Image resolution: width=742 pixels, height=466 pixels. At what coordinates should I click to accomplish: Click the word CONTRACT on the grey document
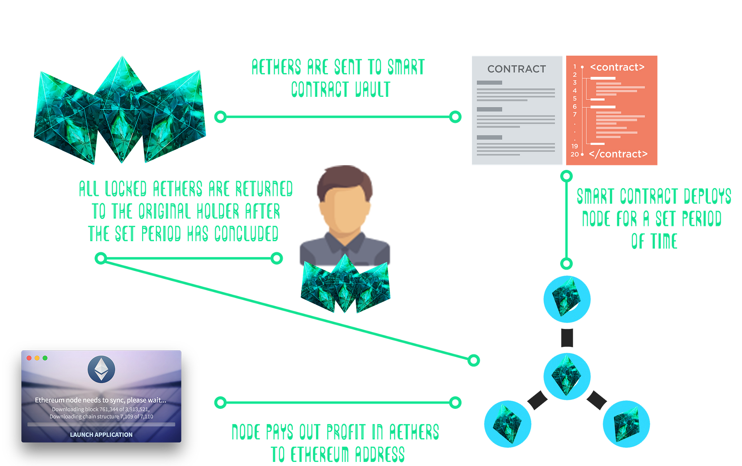pyautogui.click(x=516, y=69)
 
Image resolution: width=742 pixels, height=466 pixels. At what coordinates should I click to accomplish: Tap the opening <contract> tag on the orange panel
pyautogui.click(x=617, y=67)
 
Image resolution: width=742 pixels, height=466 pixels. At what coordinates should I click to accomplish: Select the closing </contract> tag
pyautogui.click(x=618, y=154)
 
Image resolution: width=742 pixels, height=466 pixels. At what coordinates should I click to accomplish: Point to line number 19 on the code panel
pyautogui.click(x=575, y=146)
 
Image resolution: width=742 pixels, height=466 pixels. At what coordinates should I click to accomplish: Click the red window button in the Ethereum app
pyautogui.click(x=29, y=358)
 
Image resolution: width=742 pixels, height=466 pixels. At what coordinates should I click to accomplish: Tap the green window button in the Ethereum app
pyautogui.click(x=45, y=358)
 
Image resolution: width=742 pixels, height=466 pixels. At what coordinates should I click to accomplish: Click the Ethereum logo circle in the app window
pyautogui.click(x=101, y=369)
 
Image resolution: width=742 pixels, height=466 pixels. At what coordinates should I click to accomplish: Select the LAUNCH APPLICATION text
pyautogui.click(x=101, y=434)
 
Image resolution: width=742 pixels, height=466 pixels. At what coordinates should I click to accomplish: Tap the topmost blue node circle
pyautogui.click(x=567, y=299)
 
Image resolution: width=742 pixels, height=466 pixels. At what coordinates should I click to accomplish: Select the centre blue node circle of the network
pyautogui.click(x=567, y=376)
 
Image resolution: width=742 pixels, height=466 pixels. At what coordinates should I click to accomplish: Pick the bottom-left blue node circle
pyautogui.click(x=508, y=424)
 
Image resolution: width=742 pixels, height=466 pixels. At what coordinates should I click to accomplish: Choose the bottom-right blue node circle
pyautogui.click(x=626, y=424)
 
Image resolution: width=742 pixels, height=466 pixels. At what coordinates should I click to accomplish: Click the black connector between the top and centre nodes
pyautogui.click(x=567, y=338)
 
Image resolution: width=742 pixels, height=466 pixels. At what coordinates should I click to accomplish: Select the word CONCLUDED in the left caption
pyautogui.click(x=246, y=234)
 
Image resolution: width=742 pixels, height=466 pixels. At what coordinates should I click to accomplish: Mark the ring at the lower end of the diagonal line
pyautogui.click(x=473, y=360)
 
